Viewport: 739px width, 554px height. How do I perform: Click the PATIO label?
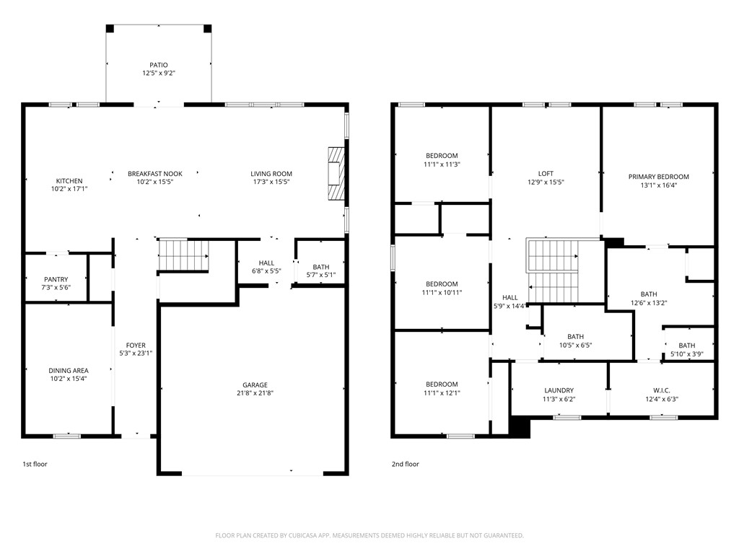click(x=159, y=65)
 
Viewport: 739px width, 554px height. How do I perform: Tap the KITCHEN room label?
click(x=69, y=181)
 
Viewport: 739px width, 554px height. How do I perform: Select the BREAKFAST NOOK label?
click(x=155, y=174)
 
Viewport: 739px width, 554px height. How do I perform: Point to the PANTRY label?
click(x=56, y=279)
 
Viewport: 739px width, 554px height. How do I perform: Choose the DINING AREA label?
click(x=69, y=371)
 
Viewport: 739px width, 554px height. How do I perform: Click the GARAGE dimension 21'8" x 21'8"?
click(x=255, y=393)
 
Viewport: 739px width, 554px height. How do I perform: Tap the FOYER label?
click(x=136, y=346)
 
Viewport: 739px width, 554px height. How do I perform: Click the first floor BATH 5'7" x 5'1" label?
click(x=321, y=267)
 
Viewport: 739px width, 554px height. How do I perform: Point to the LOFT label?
click(x=546, y=174)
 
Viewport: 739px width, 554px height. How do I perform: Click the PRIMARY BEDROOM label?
click(x=658, y=177)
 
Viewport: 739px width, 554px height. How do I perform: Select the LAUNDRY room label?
click(x=559, y=390)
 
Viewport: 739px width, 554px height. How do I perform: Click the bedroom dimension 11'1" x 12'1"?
click(x=441, y=393)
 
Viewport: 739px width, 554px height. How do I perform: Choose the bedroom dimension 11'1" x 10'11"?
click(x=441, y=293)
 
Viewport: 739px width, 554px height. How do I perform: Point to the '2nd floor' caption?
click(x=405, y=465)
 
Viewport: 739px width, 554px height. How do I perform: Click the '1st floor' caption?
click(x=35, y=465)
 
